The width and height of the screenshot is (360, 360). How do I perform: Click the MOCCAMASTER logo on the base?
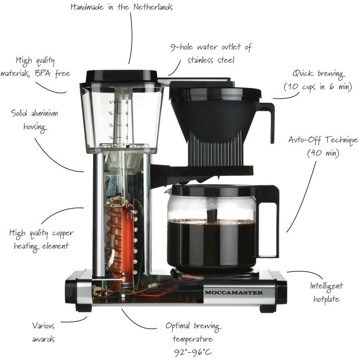(x=234, y=293)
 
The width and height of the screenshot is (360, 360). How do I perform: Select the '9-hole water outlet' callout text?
(x=211, y=47)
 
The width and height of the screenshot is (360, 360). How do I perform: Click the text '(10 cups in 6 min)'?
(x=317, y=87)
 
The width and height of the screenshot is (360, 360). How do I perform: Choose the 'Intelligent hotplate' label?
(x=326, y=292)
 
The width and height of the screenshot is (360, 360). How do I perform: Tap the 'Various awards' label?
(x=43, y=332)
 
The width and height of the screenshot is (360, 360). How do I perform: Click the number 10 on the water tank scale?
(x=127, y=92)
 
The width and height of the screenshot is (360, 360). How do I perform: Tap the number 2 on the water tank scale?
(x=127, y=138)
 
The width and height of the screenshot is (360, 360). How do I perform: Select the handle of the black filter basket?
(x=270, y=120)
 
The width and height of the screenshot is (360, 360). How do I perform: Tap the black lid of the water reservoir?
(x=121, y=76)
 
